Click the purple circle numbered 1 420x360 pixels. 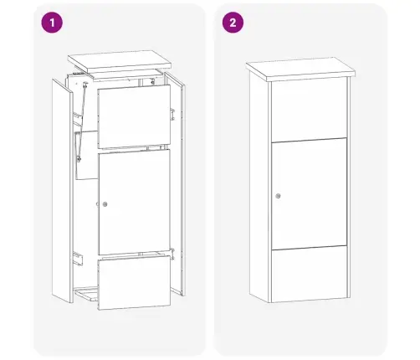pyautogui.click(x=52, y=23)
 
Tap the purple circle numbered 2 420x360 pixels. pyautogui.click(x=233, y=23)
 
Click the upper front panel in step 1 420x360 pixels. pyautogui.click(x=134, y=116)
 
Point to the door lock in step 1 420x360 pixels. pyautogui.click(x=105, y=204)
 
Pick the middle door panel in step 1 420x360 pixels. pyautogui.click(x=134, y=202)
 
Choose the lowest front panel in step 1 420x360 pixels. pyautogui.click(x=134, y=283)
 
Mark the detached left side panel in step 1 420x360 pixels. pyautogui.click(x=62, y=191)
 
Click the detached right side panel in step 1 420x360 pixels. pyautogui.click(x=175, y=184)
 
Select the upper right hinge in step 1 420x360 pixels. pyautogui.click(x=172, y=114)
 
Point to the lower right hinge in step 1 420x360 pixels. pyautogui.click(x=172, y=254)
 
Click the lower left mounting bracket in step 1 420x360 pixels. pyautogui.click(x=78, y=259)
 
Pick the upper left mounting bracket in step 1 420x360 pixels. pyautogui.click(x=78, y=119)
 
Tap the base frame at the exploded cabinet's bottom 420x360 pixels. pyautogui.click(x=86, y=294)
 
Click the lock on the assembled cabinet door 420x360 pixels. pyautogui.click(x=278, y=196)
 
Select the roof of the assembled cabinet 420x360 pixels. pyautogui.click(x=300, y=69)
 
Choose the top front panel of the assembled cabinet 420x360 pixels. pyautogui.click(x=309, y=110)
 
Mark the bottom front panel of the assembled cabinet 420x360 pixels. pyautogui.click(x=310, y=275)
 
